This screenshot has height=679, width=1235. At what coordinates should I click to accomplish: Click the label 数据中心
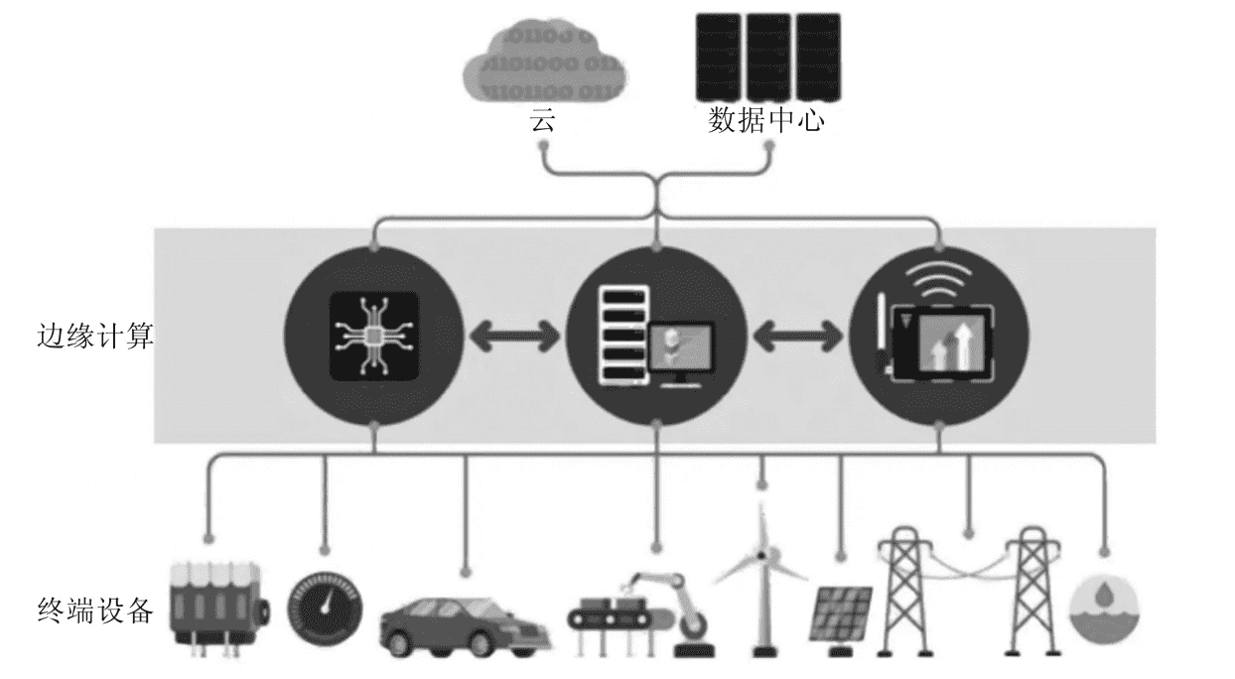766,121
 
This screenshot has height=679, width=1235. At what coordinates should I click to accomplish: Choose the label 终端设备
95,609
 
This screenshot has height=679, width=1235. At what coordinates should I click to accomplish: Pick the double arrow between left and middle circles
515,337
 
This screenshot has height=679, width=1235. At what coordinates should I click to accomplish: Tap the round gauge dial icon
324,608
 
